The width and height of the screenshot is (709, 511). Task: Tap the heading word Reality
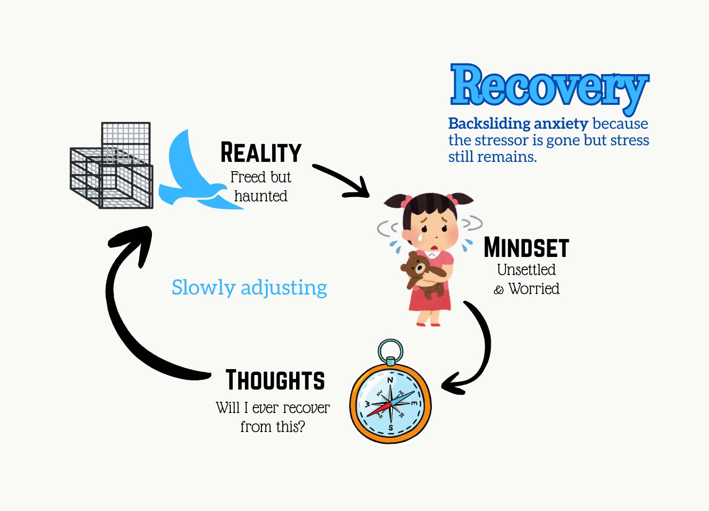click(x=261, y=153)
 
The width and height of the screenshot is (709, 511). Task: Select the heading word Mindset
click(x=526, y=248)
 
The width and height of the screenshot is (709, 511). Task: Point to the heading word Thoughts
click(x=275, y=380)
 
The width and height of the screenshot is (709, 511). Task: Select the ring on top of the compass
click(x=391, y=350)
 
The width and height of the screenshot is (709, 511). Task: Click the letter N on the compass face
click(x=390, y=380)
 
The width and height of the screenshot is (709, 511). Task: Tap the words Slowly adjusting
click(x=249, y=287)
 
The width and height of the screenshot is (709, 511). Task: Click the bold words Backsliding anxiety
click(x=518, y=123)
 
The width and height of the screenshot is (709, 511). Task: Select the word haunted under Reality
click(x=261, y=196)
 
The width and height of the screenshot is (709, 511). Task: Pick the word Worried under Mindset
click(x=534, y=289)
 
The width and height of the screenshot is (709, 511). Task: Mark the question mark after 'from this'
click(x=301, y=427)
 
